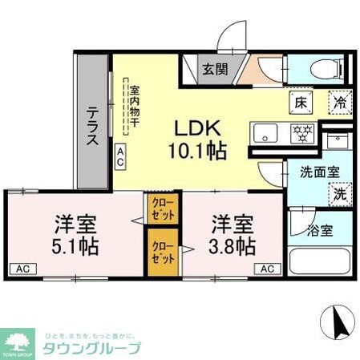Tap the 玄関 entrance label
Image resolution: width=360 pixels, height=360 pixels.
[214, 69]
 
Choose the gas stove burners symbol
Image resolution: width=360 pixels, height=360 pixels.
[302, 132]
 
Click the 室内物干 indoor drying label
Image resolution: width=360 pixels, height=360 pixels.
[136, 105]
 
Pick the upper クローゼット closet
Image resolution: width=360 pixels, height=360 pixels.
[159, 211]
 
